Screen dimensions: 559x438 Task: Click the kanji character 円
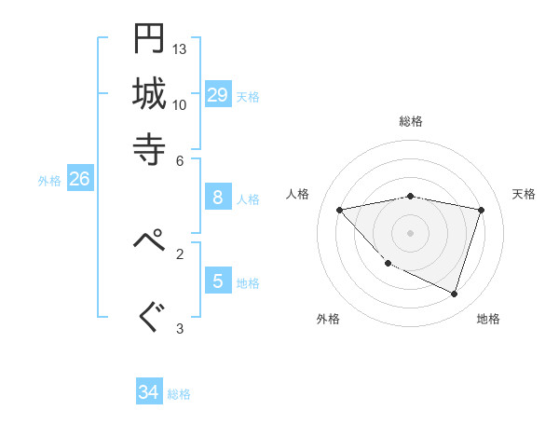[x=149, y=38]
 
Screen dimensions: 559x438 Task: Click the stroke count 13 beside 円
[x=180, y=48]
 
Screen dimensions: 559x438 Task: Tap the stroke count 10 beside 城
[x=180, y=104]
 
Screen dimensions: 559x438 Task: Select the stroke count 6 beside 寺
[x=180, y=159]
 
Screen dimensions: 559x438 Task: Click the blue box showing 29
[x=218, y=94]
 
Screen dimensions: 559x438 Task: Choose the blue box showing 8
[x=218, y=197]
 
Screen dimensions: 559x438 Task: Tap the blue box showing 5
[x=218, y=281]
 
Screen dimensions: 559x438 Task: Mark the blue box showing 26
[x=79, y=179]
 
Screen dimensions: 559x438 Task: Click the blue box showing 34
[x=148, y=392]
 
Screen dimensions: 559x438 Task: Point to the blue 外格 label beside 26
[x=49, y=181]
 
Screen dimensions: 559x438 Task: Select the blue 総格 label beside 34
[x=179, y=394]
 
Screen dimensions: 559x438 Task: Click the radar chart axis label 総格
[x=411, y=121]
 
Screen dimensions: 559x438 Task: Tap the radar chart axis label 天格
[x=524, y=194]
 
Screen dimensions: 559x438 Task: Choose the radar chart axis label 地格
[x=488, y=319]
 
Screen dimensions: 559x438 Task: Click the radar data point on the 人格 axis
[x=339, y=210]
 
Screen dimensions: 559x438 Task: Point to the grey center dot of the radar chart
[x=410, y=232]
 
